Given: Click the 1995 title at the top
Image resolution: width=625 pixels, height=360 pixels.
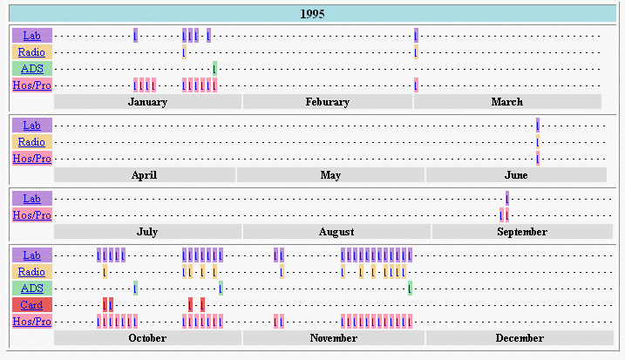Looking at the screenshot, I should pos(313,14).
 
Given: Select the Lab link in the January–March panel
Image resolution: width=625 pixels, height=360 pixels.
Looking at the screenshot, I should pos(32,36).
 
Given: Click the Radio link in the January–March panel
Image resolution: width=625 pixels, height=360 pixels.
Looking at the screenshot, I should pos(32,52).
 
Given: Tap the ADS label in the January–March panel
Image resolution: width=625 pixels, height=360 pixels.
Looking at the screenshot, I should pos(32,69).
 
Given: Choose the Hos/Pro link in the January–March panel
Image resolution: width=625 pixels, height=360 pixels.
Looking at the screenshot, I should pos(32,85).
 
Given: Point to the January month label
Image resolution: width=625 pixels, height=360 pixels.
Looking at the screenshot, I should pos(147,102).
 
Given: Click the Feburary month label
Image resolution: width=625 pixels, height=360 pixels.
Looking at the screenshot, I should pos(328,102).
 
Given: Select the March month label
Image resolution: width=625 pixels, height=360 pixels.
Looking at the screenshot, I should pos(507,102).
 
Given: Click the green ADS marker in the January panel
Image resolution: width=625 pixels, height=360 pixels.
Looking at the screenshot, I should pos(214,69).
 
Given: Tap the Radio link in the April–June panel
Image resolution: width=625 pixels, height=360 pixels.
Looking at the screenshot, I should pos(32,142).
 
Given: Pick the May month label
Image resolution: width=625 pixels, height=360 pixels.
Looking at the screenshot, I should pos(330,175).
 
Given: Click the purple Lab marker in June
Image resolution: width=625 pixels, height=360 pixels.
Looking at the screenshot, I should pos(538,126).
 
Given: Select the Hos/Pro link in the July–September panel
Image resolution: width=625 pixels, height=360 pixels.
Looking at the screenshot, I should pos(32,215).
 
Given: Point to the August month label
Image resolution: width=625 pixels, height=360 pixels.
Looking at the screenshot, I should pos(336,232).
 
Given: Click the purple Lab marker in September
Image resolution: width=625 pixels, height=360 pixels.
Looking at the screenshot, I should pos(506,199).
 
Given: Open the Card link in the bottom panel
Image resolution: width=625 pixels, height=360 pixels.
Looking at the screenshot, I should pos(32,305).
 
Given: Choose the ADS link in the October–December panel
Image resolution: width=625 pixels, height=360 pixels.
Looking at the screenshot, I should pos(32,289).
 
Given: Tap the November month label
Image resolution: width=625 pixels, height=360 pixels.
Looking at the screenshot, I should pos(333,338).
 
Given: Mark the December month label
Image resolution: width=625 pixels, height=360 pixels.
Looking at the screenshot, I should pos(520,338).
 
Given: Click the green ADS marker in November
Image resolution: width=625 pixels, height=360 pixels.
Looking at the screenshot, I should pos(410,289).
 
